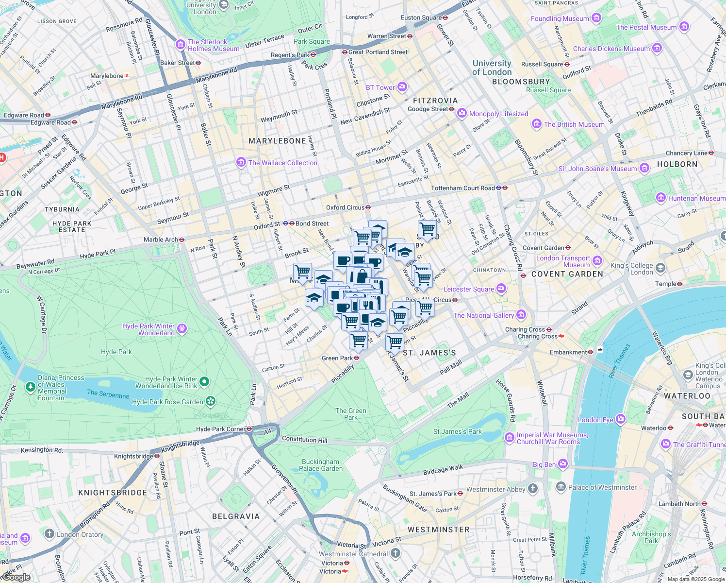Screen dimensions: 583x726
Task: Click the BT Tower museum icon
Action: point(402,87)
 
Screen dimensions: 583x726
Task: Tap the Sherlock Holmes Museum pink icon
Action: point(181,45)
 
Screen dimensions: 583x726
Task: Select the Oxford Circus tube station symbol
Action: point(368,207)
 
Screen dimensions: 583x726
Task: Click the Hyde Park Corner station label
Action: point(221,429)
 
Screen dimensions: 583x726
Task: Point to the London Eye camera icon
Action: point(621,419)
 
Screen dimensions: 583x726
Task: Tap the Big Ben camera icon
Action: point(563,464)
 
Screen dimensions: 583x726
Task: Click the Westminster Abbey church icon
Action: point(533,489)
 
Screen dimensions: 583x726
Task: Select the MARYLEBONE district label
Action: point(277,141)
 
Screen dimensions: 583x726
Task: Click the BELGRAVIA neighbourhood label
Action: point(236,516)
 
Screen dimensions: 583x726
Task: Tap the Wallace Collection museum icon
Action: point(241,162)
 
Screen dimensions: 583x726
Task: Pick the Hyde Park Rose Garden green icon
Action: point(210,401)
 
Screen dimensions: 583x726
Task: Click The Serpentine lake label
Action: point(108,394)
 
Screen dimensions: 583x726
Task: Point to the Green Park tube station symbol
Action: point(356,358)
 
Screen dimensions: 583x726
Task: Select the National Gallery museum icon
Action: point(521,315)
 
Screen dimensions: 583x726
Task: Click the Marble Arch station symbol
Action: point(181,240)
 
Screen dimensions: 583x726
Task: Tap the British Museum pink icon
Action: point(536,124)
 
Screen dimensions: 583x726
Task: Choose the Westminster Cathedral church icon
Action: point(396,553)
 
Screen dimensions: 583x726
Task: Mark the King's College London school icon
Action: point(660,268)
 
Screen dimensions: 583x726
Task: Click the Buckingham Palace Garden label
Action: point(321,465)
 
